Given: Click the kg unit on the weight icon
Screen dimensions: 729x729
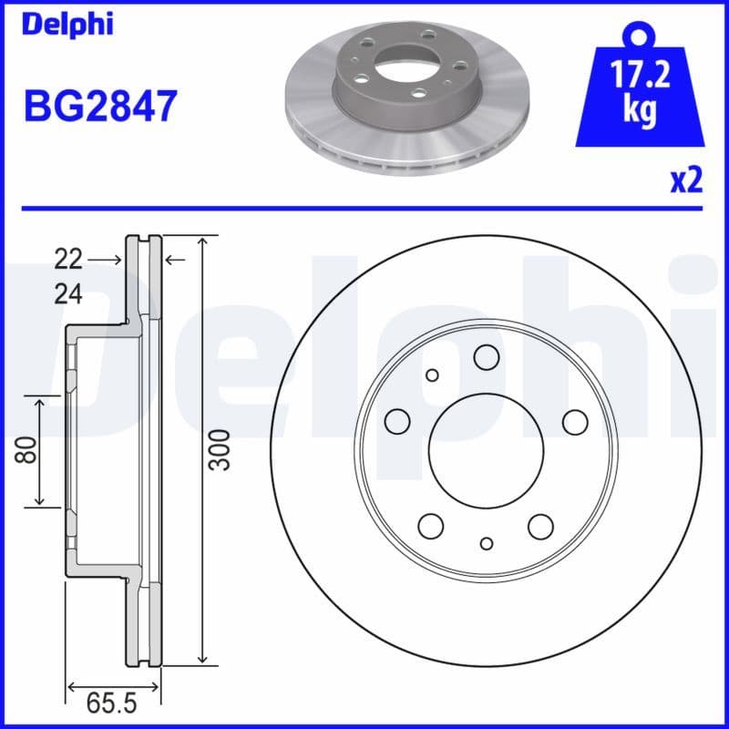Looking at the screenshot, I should [x=642, y=110].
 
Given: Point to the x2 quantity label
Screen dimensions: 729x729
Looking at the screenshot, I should [x=686, y=180].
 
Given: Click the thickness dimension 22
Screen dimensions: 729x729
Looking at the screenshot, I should [x=67, y=261].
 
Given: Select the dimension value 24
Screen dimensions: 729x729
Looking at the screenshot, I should [x=67, y=294].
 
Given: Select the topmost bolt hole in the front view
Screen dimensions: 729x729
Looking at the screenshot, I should [x=487, y=357].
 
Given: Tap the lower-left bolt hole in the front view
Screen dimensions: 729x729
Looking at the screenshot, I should [x=431, y=526].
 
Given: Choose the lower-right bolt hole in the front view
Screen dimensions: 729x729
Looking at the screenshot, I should [x=541, y=526].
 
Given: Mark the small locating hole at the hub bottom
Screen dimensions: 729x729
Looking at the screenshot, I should [x=487, y=544].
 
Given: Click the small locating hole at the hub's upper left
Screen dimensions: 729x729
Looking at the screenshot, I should [x=432, y=375].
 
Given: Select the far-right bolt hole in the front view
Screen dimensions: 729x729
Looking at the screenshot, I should [x=575, y=421].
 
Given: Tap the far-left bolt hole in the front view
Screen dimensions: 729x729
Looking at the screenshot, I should [x=397, y=421].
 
